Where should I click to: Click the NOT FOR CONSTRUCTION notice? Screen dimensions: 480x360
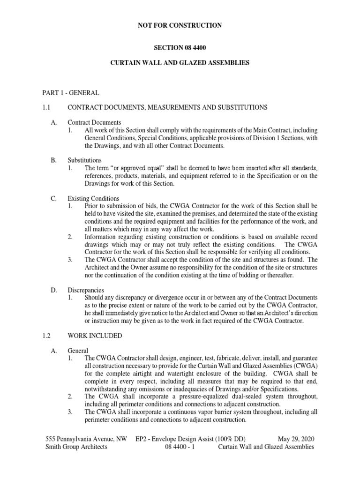(x=180, y=25)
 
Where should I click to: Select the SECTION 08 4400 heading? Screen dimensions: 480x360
(x=180, y=48)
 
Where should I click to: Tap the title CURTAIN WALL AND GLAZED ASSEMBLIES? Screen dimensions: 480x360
(x=180, y=62)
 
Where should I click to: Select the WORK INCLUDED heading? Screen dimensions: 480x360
(x=95, y=336)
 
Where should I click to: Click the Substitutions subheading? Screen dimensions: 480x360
(x=85, y=160)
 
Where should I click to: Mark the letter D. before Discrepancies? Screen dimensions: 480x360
(x=54, y=290)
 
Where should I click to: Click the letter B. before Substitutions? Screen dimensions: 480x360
(x=53, y=160)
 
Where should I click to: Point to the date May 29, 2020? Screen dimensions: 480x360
(x=296, y=439)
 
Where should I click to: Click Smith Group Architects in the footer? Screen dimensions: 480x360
(x=76, y=447)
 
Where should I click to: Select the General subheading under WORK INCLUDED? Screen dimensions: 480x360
(x=78, y=351)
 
